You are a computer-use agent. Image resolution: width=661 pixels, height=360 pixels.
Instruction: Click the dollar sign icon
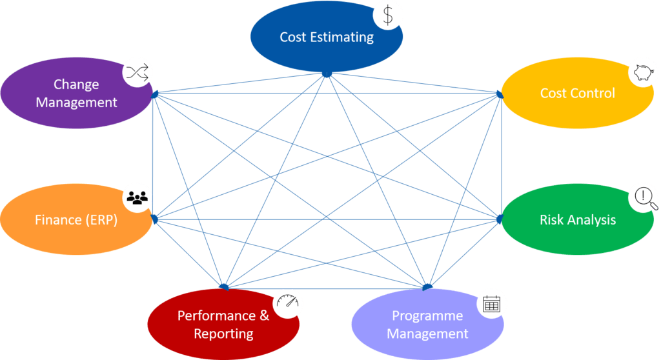point(387,14)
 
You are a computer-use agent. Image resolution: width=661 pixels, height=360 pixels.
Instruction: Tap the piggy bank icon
point(644,72)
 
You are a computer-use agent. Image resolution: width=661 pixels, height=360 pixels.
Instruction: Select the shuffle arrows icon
point(137,74)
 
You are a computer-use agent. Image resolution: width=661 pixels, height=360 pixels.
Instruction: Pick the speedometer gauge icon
point(289,302)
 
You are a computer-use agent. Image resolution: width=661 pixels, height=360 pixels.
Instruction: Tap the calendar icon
point(492,304)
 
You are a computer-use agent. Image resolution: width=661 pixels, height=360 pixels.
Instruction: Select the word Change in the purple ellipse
point(76,85)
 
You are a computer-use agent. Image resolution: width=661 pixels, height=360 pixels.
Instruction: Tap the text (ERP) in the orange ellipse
point(101,220)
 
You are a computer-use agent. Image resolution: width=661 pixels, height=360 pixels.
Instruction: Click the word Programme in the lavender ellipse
point(427,316)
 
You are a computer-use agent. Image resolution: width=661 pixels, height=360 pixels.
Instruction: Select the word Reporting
point(223,334)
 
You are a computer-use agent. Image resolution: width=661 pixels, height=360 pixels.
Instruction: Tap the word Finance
point(58,220)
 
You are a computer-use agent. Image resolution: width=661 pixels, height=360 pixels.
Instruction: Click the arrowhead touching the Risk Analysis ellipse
point(498,219)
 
